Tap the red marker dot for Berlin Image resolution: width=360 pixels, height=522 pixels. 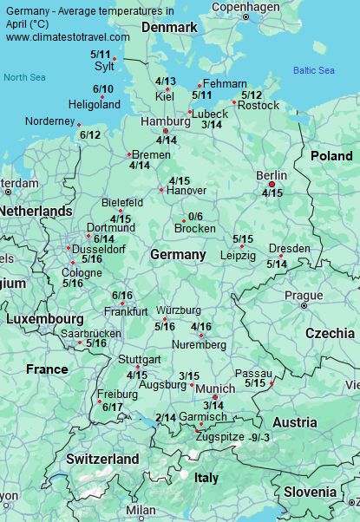tap(272, 184)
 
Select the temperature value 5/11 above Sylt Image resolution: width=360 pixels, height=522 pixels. tap(101, 55)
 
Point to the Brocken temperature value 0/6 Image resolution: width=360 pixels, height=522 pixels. tap(194, 217)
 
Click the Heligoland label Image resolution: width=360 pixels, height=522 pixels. tap(94, 105)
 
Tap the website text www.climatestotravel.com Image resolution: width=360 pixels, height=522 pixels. tap(68, 37)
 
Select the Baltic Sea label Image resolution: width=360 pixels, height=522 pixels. tap(313, 70)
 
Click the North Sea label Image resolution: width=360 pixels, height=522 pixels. tap(23, 77)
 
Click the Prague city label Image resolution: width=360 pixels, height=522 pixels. tap(304, 295)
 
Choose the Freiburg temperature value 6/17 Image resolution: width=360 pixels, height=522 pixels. tap(112, 407)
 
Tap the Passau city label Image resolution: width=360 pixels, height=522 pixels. tap(253, 372)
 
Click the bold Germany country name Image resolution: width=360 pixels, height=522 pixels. tap(178, 254)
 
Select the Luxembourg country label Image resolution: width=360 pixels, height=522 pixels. tap(44, 318)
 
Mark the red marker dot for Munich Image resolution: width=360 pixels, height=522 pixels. tap(215, 396)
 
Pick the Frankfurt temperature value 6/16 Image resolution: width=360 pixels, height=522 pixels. tap(122, 295)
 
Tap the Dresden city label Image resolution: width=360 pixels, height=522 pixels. tap(289, 249)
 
